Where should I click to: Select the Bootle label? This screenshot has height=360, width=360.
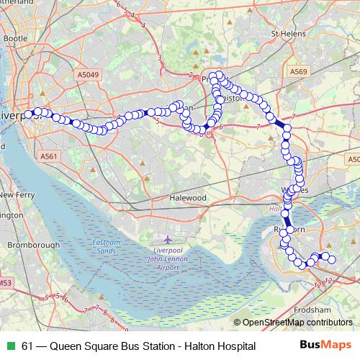(14, 37)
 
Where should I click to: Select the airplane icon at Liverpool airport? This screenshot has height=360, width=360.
(168, 239)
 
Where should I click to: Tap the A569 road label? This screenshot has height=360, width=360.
(300, 72)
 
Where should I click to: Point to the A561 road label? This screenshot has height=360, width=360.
(49, 156)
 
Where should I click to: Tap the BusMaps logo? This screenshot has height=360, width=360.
(325, 346)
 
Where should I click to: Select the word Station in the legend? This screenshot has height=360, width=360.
(158, 346)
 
